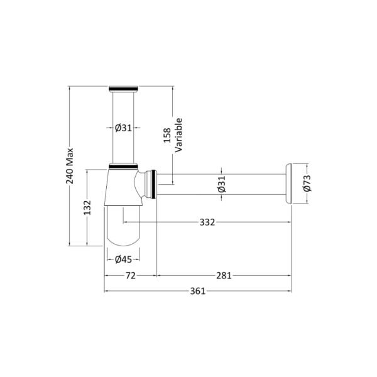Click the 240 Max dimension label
(70, 166)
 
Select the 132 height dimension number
(87, 208)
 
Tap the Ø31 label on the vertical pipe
(123, 128)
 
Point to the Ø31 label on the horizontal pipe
(222, 184)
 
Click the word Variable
(178, 135)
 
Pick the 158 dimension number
(167, 135)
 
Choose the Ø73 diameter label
(307, 183)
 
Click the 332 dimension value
(207, 222)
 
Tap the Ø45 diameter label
(123, 259)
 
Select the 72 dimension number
(131, 276)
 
